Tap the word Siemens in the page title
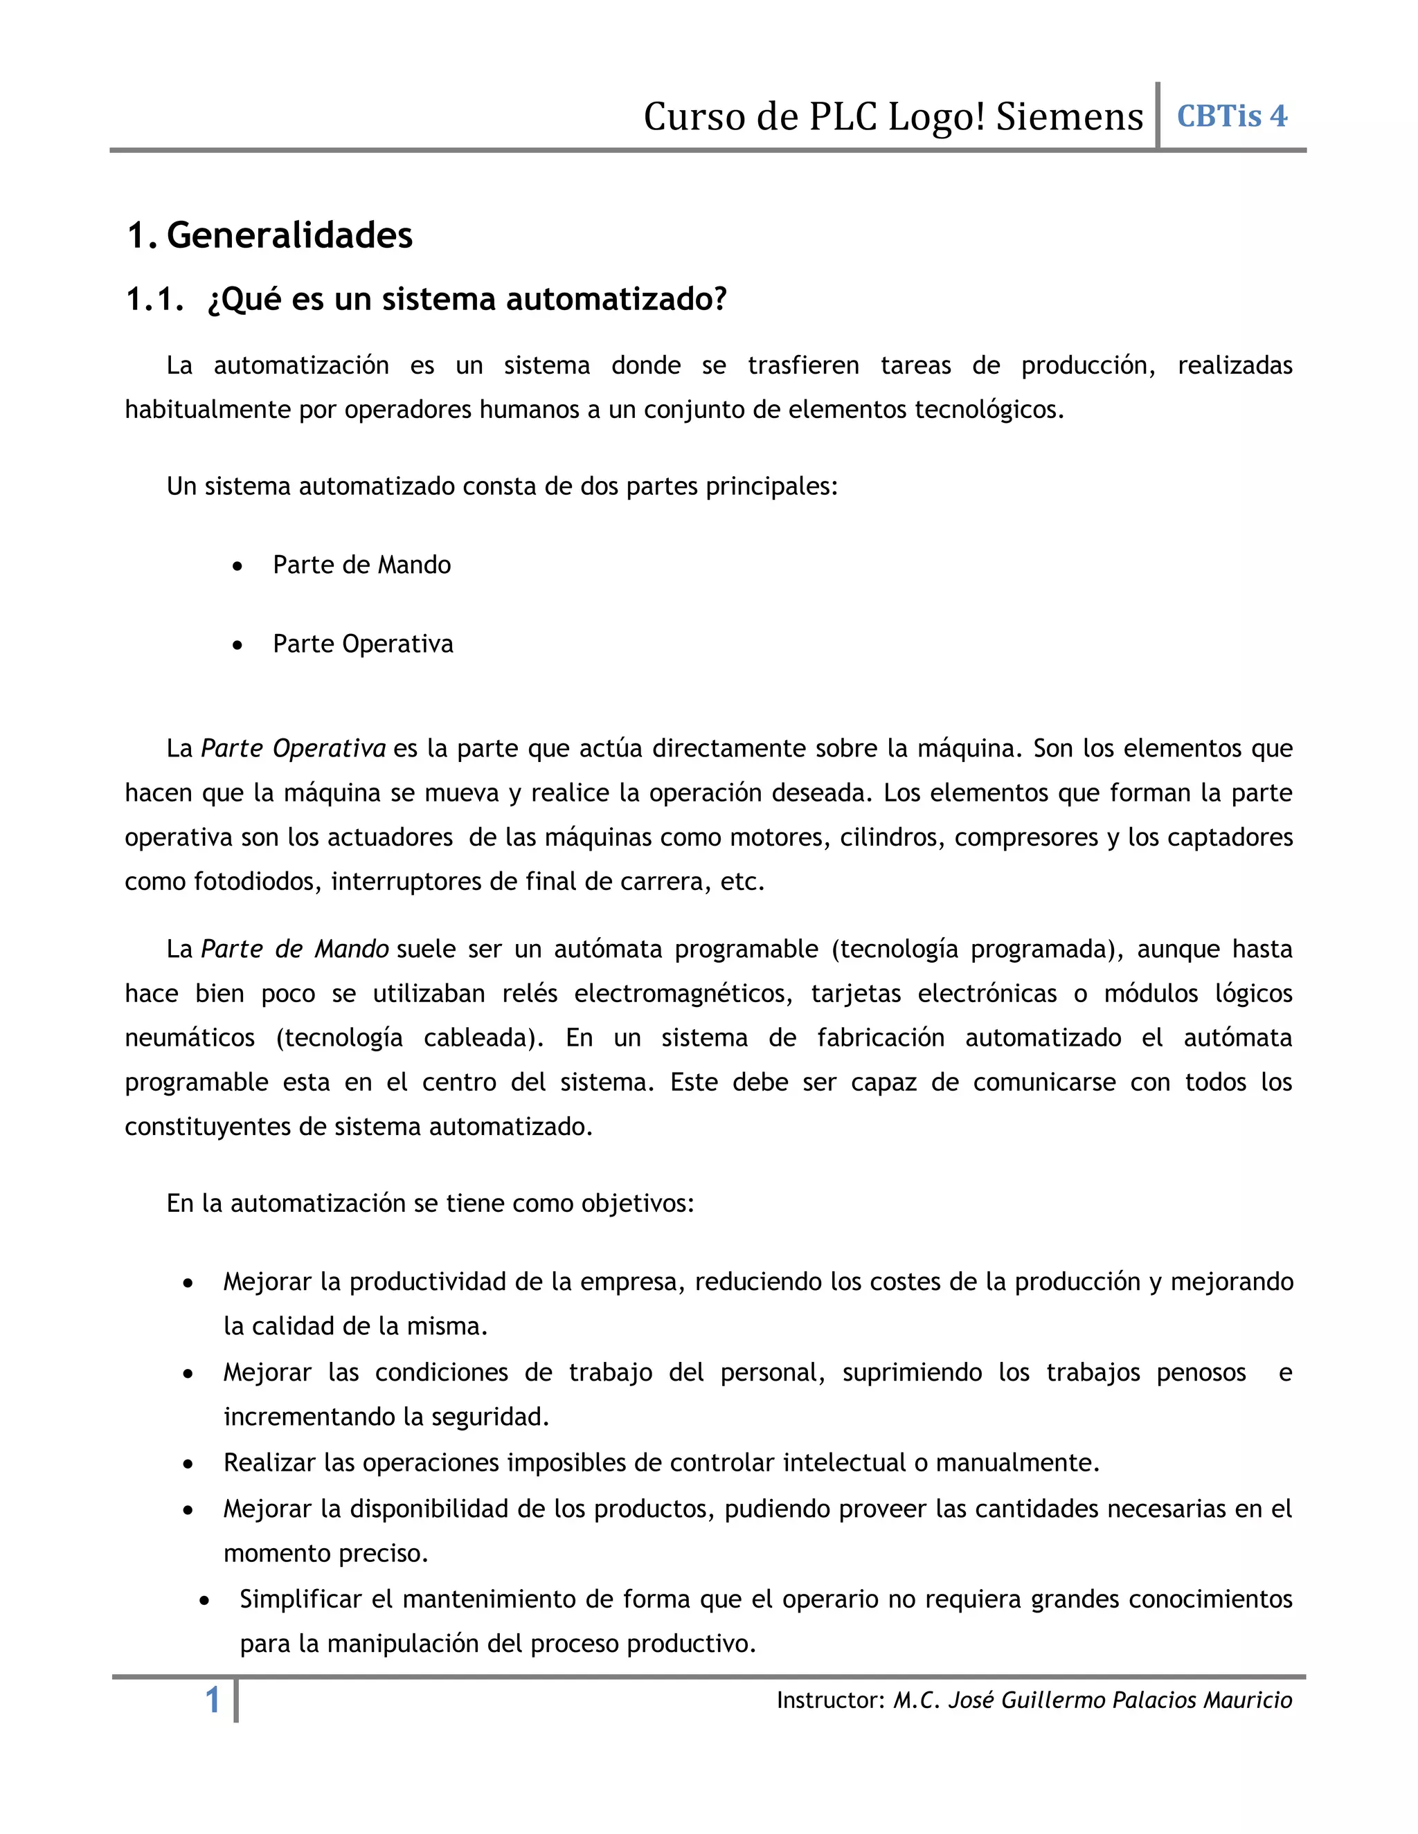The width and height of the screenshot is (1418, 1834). [1069, 117]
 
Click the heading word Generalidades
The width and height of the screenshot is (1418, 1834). [290, 235]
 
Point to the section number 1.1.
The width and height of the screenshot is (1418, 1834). [154, 300]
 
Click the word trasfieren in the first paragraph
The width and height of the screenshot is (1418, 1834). [803, 365]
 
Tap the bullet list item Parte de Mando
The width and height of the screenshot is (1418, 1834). [361, 565]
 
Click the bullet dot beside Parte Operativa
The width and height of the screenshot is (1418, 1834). [239, 645]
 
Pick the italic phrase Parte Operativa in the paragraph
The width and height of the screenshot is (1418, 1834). [293, 748]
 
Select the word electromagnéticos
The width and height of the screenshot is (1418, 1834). [683, 993]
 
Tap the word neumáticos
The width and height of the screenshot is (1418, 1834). [190, 1038]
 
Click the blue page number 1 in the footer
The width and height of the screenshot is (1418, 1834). [213, 1700]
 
